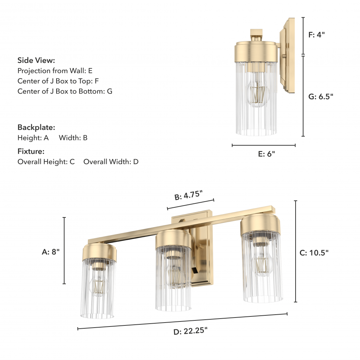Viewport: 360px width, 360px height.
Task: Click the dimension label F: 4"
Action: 316,35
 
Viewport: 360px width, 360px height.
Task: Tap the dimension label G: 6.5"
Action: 320,96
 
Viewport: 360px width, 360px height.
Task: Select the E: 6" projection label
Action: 266,154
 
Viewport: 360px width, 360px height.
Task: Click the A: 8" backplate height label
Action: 50,252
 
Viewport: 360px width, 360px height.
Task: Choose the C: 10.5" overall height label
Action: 314,253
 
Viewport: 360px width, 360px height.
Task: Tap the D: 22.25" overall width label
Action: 190,331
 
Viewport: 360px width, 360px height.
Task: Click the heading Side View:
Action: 36,60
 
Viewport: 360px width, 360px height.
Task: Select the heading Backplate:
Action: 36,127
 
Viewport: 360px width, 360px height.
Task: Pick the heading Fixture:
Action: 31,151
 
